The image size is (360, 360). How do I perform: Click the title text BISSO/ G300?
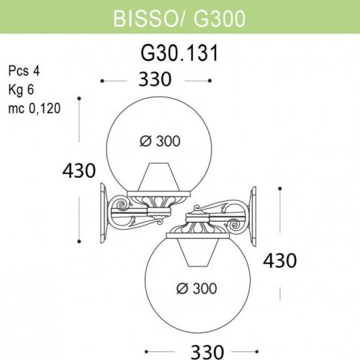point(179,19)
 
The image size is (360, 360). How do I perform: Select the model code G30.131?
point(179,53)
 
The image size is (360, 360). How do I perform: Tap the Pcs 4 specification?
point(24,71)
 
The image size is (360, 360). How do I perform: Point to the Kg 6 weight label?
point(21,90)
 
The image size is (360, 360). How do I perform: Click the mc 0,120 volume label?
point(35,109)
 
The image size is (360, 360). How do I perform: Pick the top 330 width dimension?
point(155,79)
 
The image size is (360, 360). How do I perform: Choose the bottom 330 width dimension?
point(207,352)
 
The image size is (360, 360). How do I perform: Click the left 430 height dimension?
point(79,171)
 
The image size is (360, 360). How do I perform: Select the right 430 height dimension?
point(280,261)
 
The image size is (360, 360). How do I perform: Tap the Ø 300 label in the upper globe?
point(160,141)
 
